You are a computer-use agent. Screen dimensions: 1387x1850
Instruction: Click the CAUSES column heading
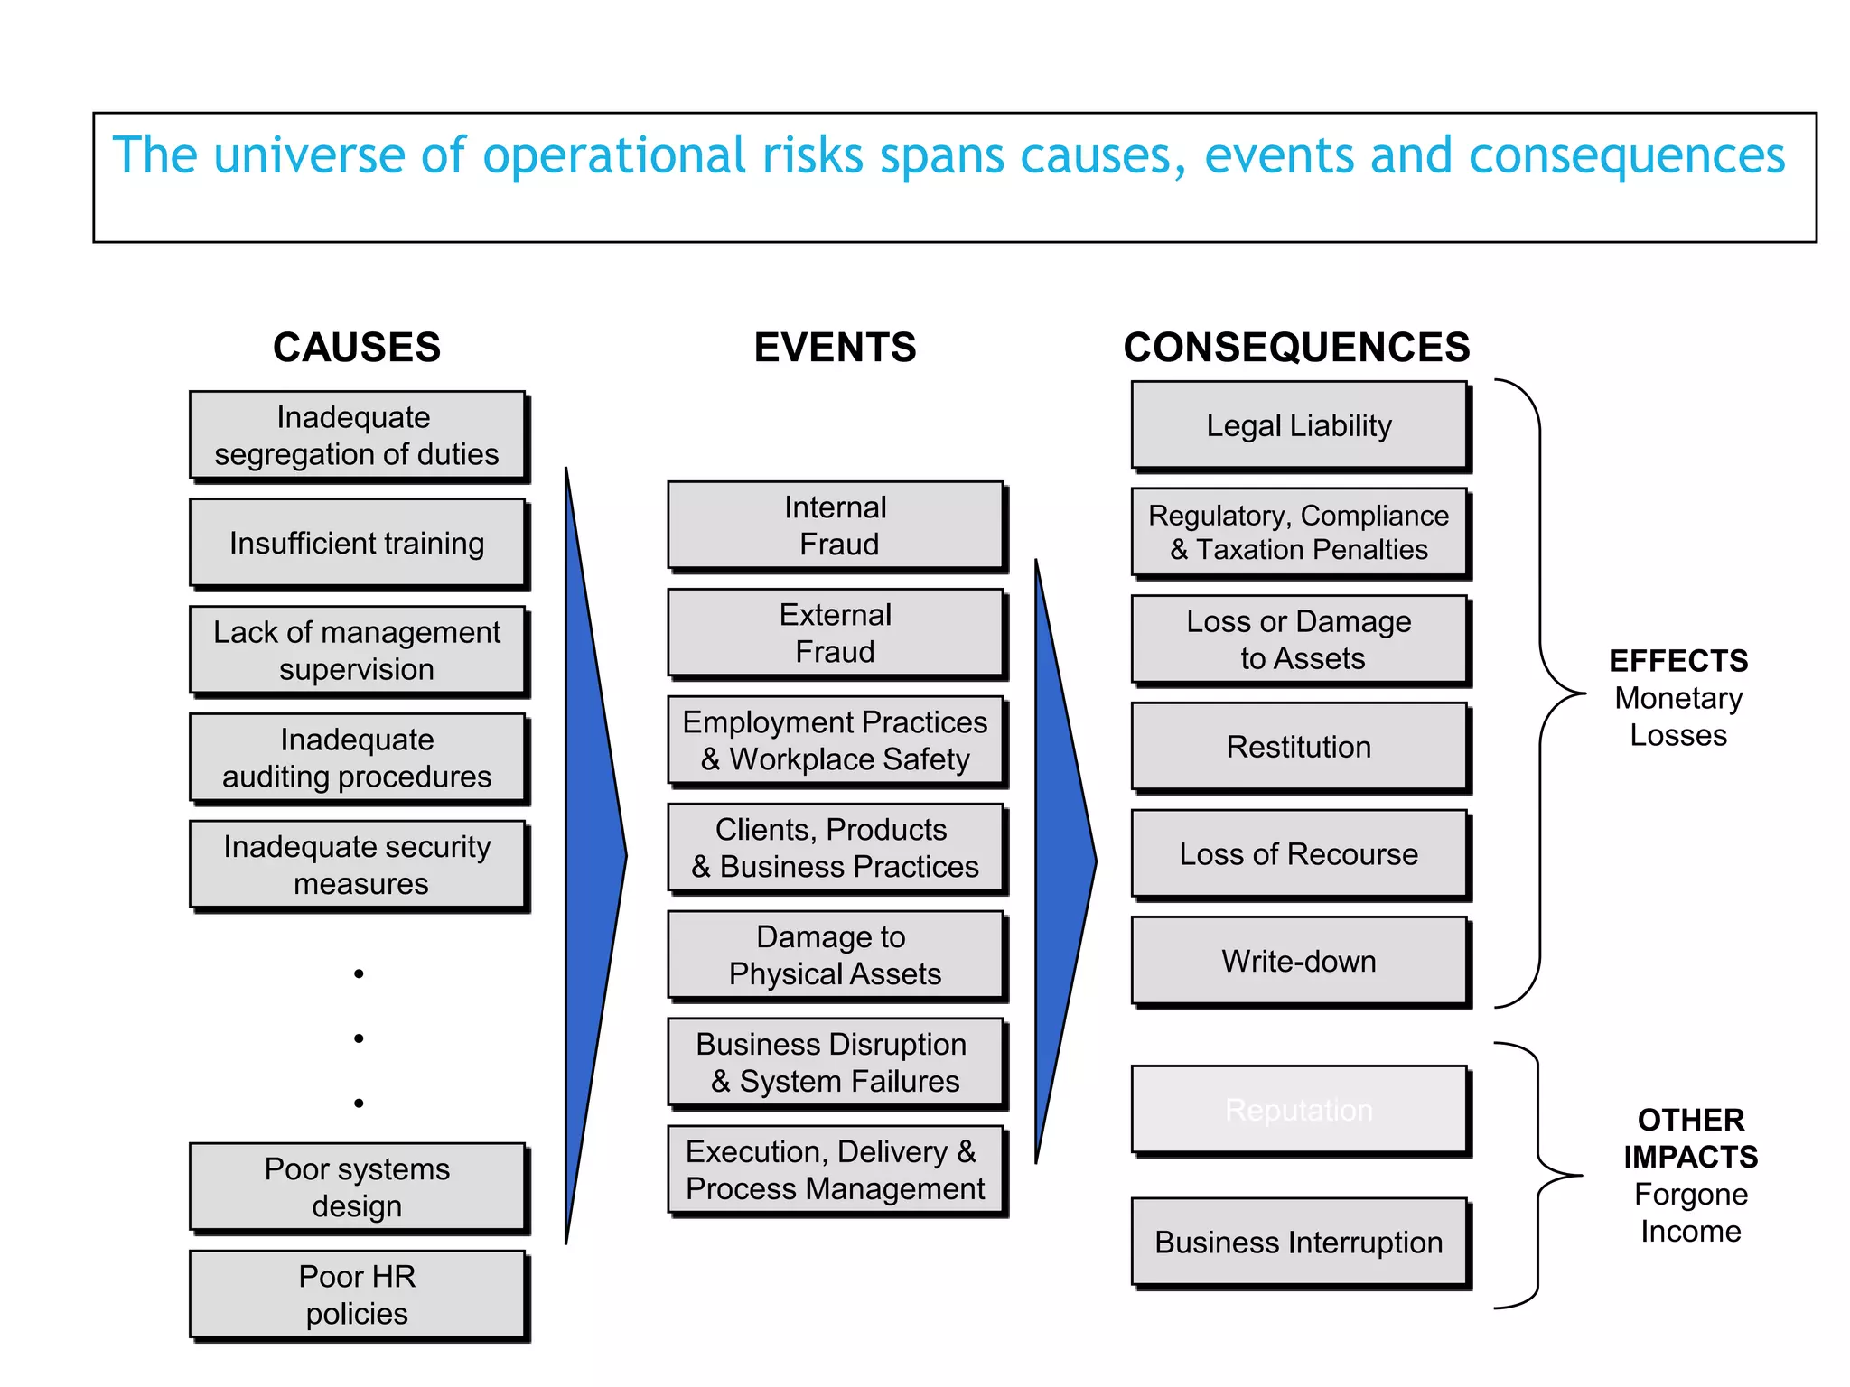pyautogui.click(x=357, y=348)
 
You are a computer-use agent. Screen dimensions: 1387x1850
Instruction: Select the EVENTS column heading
pyautogui.click(x=835, y=348)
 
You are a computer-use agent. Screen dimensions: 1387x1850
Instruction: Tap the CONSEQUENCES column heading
pyautogui.click(x=1296, y=348)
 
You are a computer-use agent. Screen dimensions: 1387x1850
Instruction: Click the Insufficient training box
pyautogui.click(x=357, y=543)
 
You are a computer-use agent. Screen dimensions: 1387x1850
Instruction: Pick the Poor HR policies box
pyautogui.click(x=357, y=1294)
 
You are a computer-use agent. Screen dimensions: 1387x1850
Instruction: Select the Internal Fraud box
pyautogui.click(x=836, y=526)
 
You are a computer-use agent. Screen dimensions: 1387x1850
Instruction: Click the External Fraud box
pyautogui.click(x=836, y=632)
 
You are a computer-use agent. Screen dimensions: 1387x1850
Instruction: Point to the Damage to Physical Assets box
pyautogui.click(x=836, y=954)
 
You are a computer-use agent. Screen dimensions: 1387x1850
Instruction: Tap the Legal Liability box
pyautogui.click(x=1299, y=425)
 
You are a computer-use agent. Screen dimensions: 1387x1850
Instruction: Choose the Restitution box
pyautogui.click(x=1299, y=747)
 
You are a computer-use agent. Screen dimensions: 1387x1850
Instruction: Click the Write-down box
pyautogui.click(x=1299, y=961)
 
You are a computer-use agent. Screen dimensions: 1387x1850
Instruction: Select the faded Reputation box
pyautogui.click(x=1299, y=1110)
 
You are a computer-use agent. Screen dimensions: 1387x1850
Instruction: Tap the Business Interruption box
pyautogui.click(x=1299, y=1242)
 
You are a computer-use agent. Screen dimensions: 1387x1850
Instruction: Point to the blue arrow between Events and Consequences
pyautogui.click(x=1063, y=860)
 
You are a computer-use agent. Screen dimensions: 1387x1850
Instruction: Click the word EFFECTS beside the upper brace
pyautogui.click(x=1678, y=661)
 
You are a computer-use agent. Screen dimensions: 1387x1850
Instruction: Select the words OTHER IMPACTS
pyautogui.click(x=1690, y=1138)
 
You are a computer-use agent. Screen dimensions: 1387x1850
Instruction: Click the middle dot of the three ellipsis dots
pyautogui.click(x=359, y=1038)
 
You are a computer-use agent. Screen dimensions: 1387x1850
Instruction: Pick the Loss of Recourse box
pyautogui.click(x=1299, y=853)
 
